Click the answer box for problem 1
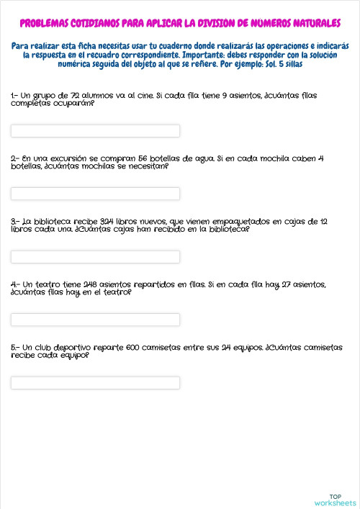click(x=95, y=131)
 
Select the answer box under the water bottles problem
click(x=95, y=194)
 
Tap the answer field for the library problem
click(x=95, y=257)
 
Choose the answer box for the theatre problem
click(x=95, y=320)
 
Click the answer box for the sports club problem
click(x=95, y=382)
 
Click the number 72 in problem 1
click(x=67, y=95)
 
